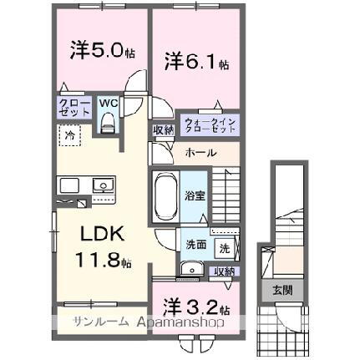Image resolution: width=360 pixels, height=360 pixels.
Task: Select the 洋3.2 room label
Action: (195, 305)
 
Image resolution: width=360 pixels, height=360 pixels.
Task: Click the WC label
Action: (108, 104)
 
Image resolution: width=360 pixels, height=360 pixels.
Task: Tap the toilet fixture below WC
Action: (107, 123)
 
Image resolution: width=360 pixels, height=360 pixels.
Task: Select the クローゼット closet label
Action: (70, 108)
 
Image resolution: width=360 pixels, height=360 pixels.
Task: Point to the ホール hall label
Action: (200, 154)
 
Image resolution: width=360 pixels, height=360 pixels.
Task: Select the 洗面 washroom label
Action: (197, 246)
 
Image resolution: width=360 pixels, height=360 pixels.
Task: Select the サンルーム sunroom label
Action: (99, 321)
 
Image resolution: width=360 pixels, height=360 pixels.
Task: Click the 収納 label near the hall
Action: (162, 129)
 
